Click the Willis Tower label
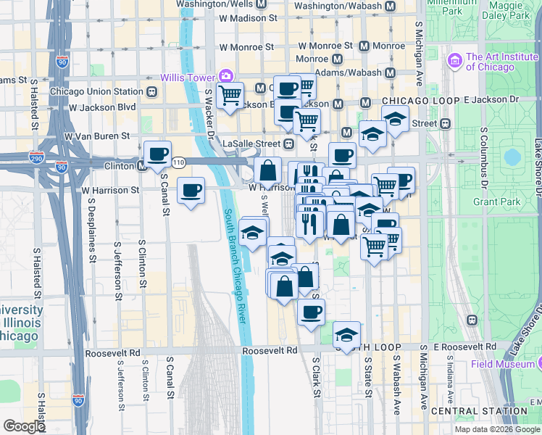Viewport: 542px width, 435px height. point(188,76)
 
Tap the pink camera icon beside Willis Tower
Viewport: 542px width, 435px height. point(226,76)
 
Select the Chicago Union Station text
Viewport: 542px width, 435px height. point(97,92)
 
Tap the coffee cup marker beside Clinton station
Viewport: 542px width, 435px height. point(157,154)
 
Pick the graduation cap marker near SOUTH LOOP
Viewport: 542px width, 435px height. point(347,335)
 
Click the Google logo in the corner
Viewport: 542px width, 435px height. point(24,426)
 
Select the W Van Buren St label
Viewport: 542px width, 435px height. point(97,136)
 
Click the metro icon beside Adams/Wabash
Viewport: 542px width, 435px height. point(391,72)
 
